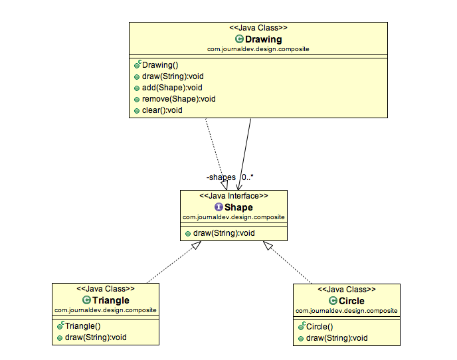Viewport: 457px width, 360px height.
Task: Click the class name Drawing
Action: pos(263,39)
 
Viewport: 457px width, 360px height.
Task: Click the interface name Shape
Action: pos(238,207)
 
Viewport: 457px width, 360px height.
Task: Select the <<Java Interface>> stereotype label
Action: pos(234,196)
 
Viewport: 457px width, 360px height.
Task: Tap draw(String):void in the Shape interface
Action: pos(224,233)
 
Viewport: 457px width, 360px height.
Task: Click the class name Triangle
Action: pos(111,300)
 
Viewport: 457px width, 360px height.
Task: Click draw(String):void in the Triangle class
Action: pos(96,337)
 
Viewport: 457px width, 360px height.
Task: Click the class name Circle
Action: pos(351,301)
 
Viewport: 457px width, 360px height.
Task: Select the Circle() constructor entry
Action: pos(321,326)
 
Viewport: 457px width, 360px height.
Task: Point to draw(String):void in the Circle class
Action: pos(337,338)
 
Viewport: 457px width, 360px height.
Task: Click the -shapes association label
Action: pos(221,177)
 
